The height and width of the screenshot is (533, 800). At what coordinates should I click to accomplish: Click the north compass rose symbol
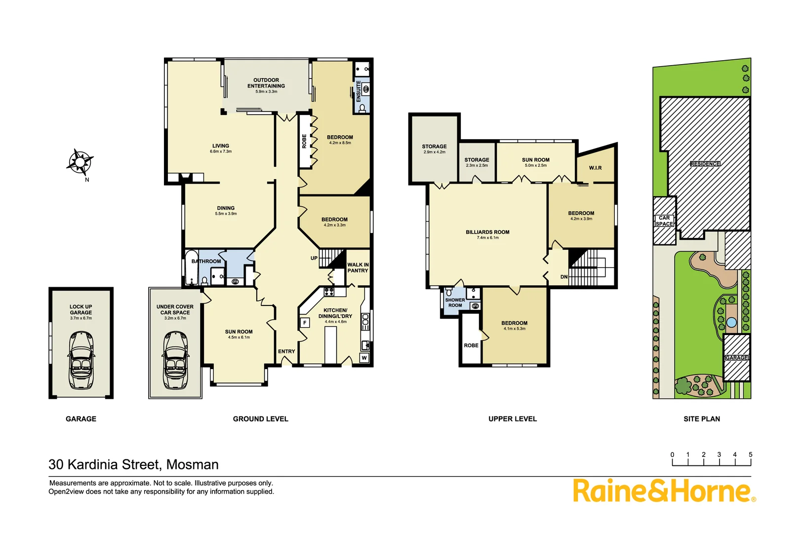point(80,162)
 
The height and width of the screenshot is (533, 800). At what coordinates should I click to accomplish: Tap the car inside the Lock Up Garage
point(81,360)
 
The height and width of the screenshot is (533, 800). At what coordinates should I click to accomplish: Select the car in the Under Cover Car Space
point(175,360)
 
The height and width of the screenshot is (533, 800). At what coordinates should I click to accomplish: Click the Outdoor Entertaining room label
point(266,83)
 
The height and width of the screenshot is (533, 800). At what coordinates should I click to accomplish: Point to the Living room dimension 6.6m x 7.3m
point(221,152)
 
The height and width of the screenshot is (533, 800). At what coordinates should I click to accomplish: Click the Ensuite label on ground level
point(359,91)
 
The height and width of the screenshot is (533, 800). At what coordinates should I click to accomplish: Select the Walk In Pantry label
point(358,267)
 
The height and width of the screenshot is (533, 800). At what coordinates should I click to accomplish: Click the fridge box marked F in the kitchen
point(305,323)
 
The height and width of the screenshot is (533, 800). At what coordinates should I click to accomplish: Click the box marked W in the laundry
point(364,358)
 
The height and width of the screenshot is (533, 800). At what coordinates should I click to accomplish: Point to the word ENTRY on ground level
point(286,351)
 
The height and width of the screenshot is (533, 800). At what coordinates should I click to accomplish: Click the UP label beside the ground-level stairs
point(314,258)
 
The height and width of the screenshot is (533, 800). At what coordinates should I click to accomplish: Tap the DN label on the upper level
point(564,277)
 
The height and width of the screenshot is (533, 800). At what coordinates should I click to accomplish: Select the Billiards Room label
point(487,232)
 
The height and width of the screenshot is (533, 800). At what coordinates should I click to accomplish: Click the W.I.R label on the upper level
point(595,168)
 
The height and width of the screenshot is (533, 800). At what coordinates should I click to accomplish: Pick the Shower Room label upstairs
point(455,303)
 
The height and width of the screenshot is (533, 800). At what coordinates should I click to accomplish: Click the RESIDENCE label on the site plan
point(705,163)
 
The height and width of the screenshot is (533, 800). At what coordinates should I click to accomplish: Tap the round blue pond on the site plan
point(731,322)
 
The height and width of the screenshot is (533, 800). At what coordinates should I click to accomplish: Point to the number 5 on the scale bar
point(750,455)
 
